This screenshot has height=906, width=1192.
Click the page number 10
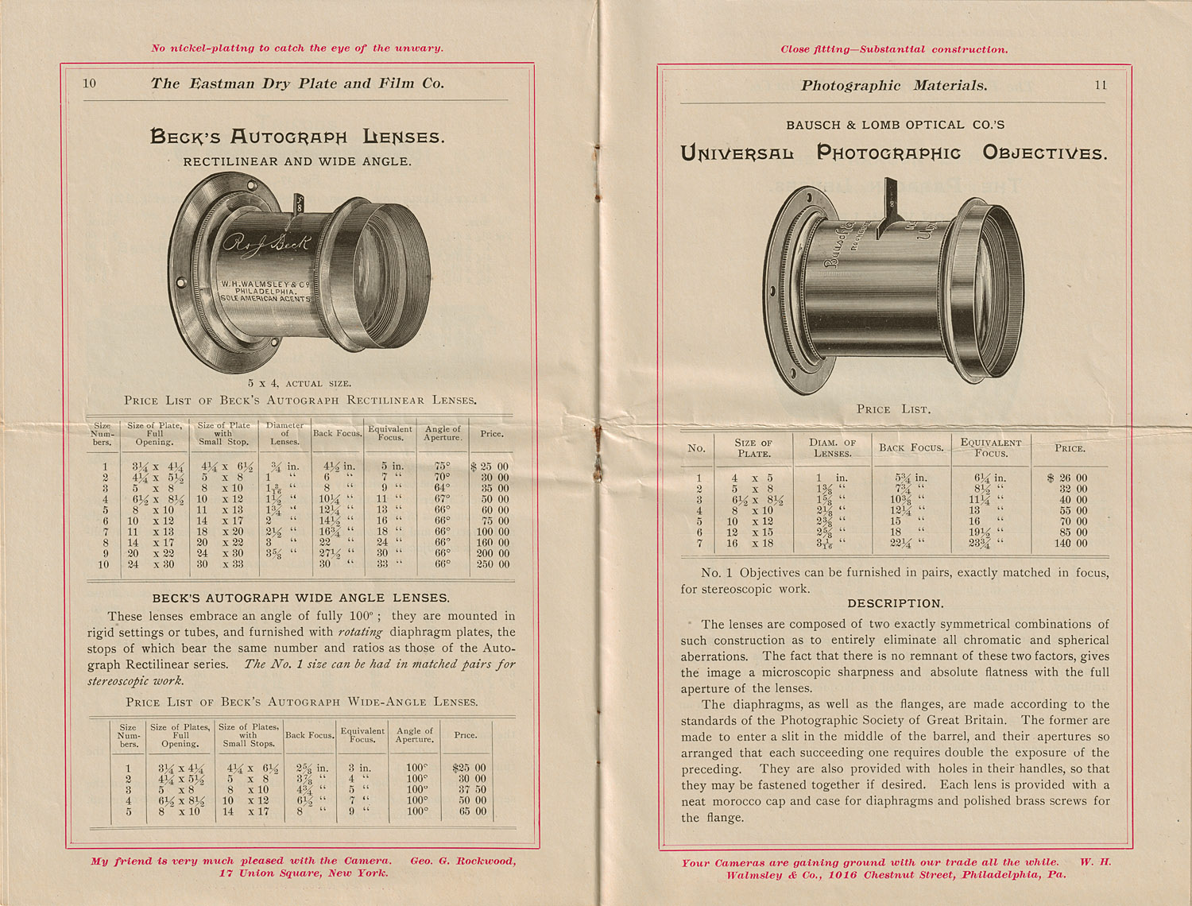click(x=90, y=83)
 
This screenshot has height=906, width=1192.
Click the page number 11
click(x=1101, y=85)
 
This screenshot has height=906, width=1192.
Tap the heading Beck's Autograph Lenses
click(x=297, y=137)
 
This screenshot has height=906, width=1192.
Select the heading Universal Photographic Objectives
click(x=894, y=153)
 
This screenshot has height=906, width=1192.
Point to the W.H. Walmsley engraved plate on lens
click(x=265, y=291)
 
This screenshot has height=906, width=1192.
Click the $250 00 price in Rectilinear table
click(x=493, y=564)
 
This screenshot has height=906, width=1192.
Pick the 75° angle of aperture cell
click(x=443, y=467)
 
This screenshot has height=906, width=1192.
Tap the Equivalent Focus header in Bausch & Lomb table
click(x=991, y=447)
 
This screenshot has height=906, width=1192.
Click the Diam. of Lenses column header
click(x=832, y=448)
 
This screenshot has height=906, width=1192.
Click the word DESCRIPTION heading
click(x=896, y=604)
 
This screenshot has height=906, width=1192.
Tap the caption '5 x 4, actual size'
click(x=300, y=383)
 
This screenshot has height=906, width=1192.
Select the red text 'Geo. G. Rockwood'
click(x=462, y=861)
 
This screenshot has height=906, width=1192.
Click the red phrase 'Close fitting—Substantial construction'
click(x=894, y=49)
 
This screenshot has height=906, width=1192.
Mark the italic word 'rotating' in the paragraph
click(x=360, y=633)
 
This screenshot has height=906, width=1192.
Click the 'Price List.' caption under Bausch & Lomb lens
click(x=893, y=409)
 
